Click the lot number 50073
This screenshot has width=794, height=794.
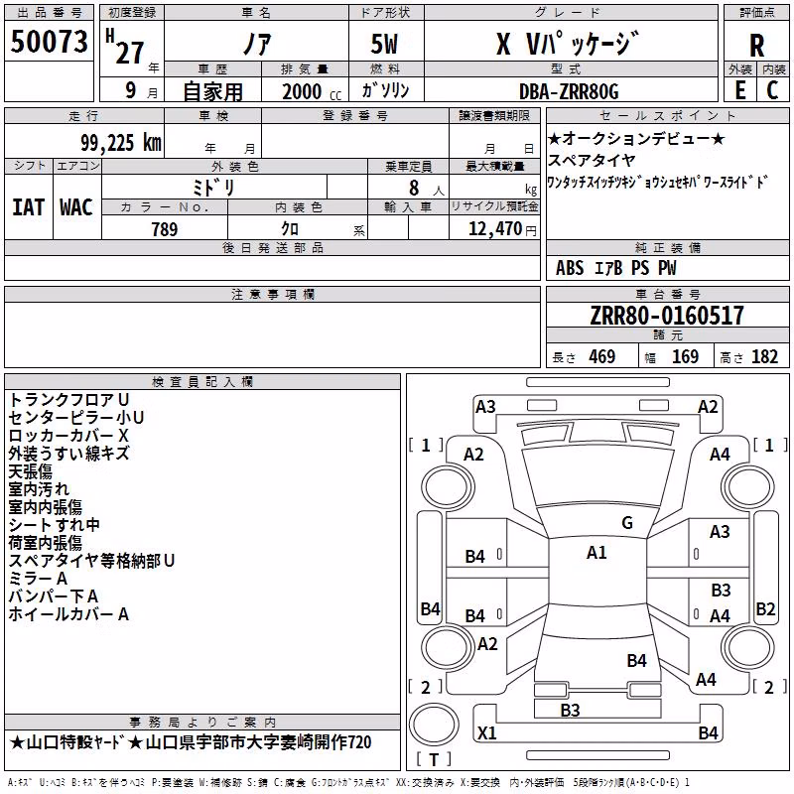click(x=49, y=42)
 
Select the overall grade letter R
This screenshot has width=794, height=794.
click(x=756, y=46)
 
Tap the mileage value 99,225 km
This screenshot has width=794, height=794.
click(x=120, y=143)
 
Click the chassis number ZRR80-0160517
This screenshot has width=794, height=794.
click(x=667, y=315)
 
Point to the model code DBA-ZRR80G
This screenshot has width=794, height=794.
click(x=569, y=91)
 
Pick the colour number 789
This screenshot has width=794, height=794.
click(x=164, y=229)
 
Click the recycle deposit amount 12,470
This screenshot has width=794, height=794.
click(x=494, y=229)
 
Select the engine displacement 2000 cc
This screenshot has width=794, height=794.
click(x=312, y=91)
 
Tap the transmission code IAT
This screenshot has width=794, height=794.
click(x=29, y=207)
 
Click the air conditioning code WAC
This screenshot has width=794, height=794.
click(x=76, y=207)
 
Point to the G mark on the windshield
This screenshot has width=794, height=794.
click(x=627, y=523)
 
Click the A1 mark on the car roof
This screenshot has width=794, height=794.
click(x=596, y=553)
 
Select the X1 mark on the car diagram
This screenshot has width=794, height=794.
click(x=487, y=732)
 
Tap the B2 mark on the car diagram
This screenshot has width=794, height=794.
click(x=765, y=608)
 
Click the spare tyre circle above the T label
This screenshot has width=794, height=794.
click(x=434, y=725)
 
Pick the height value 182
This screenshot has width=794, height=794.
click(x=764, y=356)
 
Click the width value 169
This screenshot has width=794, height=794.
click(x=685, y=356)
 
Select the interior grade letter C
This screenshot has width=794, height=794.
click(x=772, y=90)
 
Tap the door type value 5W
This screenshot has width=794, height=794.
click(x=384, y=44)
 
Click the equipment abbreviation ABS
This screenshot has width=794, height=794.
click(x=570, y=268)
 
